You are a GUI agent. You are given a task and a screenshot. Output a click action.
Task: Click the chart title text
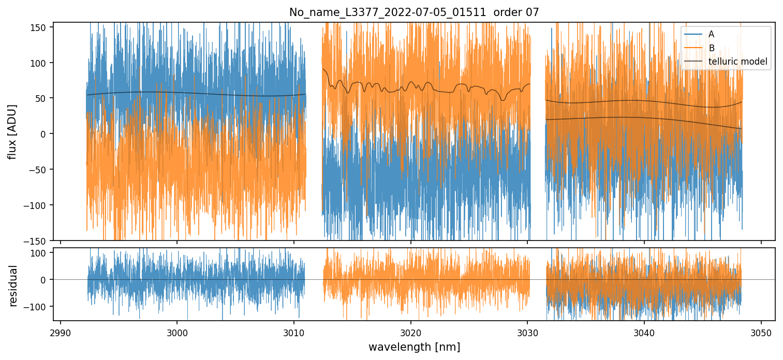[x=413, y=12]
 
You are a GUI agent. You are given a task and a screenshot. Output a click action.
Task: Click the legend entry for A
[x=711, y=34]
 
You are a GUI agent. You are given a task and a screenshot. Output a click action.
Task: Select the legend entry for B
[x=711, y=48]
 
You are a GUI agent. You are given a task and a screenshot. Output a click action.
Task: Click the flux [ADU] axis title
[x=12, y=131]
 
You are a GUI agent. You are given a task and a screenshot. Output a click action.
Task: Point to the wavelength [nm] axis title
[x=413, y=347]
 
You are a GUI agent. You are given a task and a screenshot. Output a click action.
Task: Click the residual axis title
[x=13, y=286]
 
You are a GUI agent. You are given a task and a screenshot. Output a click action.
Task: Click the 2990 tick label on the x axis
[x=61, y=332]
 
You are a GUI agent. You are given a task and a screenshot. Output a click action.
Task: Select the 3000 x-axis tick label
[x=177, y=332]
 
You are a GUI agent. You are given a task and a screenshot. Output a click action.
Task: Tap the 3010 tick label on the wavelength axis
[x=294, y=332]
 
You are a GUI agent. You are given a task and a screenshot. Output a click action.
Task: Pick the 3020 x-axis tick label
[x=410, y=332]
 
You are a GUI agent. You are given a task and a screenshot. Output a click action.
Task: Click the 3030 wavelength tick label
[x=527, y=332]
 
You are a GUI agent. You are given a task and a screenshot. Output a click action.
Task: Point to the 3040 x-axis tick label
[x=644, y=332]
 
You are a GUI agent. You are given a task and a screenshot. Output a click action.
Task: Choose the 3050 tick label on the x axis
[x=761, y=332]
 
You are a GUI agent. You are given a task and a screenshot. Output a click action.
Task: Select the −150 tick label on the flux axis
[x=37, y=241]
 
